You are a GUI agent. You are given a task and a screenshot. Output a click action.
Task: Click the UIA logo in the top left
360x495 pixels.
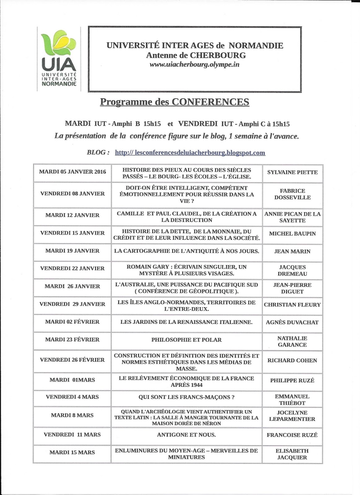click(x=59, y=59)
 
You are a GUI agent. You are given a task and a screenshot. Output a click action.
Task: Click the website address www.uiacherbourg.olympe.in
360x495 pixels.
click(x=194, y=65)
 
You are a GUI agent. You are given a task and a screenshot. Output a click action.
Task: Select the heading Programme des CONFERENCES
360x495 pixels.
click(x=174, y=102)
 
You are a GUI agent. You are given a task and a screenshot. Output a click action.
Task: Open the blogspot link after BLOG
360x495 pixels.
click(x=190, y=153)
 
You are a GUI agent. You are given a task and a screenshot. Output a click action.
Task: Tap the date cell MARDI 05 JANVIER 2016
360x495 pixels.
click(x=72, y=172)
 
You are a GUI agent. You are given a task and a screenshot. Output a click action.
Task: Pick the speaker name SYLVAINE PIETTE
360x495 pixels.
click(x=292, y=172)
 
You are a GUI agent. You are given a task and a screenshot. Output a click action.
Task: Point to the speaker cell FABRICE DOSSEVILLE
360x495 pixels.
click(x=292, y=194)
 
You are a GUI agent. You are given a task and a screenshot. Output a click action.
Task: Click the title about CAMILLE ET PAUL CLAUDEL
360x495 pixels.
click(x=187, y=217)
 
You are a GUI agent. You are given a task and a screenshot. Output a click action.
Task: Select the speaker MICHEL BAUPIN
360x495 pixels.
click(x=292, y=234)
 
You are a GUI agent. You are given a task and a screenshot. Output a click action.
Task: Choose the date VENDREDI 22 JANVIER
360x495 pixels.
click(x=72, y=268)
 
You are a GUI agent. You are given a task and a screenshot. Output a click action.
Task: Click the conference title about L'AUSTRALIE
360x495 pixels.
click(x=186, y=288)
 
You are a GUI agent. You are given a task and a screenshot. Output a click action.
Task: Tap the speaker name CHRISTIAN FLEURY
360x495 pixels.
click(x=292, y=305)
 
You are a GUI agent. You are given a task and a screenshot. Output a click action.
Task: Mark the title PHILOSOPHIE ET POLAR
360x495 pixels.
click(x=186, y=340)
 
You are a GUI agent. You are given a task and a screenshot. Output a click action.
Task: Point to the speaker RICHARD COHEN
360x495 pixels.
click(x=292, y=360)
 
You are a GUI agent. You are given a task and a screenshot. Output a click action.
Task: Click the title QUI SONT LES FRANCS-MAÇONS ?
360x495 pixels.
click(x=186, y=397)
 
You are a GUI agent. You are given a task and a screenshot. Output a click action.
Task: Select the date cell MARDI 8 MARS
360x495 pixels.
click(x=72, y=415)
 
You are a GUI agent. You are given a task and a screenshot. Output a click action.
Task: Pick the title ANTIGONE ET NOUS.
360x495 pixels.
click(x=186, y=435)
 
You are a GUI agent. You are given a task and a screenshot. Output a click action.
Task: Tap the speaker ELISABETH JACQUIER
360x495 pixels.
click(x=292, y=454)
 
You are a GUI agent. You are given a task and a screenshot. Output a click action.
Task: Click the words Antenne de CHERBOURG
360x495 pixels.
click(x=196, y=55)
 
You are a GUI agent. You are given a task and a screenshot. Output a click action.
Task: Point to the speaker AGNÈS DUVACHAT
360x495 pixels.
click(x=292, y=322)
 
